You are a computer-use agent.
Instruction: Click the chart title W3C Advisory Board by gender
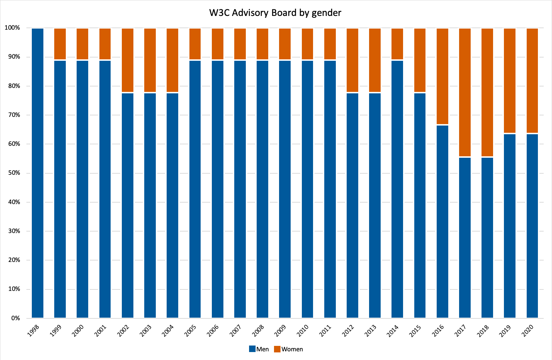coord(275,13)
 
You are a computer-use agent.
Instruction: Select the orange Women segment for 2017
coord(465,92)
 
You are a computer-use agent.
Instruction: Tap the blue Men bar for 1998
coord(38,173)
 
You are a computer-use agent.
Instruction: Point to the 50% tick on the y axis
coord(12,173)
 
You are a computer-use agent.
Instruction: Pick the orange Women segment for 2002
coord(128,60)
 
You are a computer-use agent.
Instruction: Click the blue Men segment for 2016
coord(442,221)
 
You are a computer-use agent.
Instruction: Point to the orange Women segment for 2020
coord(532,80)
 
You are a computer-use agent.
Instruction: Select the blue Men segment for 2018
coord(487,238)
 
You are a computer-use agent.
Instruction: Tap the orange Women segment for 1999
coord(60,44)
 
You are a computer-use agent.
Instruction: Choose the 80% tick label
coord(12,86)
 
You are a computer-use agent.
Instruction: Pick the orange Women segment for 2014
coord(398,44)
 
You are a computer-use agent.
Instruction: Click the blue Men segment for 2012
coord(352,206)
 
